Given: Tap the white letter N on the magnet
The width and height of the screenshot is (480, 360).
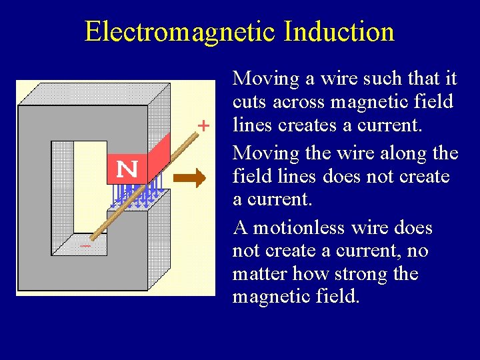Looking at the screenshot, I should [x=127, y=169].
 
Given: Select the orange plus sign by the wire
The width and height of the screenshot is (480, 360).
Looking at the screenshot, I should [x=203, y=125].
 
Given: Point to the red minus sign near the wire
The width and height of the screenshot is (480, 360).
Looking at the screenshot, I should [x=85, y=246].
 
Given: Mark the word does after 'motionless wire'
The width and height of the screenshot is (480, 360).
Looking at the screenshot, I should [x=412, y=228].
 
